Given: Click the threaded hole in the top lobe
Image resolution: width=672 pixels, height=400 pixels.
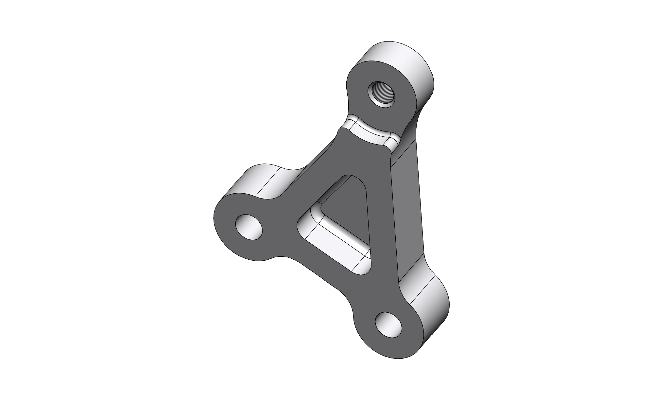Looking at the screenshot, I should click(x=382, y=94).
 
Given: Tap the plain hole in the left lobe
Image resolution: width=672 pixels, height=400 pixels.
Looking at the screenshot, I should click(x=249, y=227).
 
